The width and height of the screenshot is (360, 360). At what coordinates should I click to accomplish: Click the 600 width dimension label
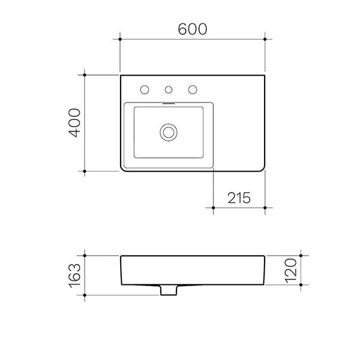point(193,29)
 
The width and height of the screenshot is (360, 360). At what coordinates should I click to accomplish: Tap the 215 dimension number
point(238,197)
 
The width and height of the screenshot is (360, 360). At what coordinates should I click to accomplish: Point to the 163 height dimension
point(74,275)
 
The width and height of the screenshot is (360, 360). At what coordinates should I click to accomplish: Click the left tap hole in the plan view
point(144,90)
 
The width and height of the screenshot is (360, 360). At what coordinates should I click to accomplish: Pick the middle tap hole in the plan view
point(169,91)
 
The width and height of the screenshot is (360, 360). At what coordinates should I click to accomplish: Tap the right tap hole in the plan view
point(193,90)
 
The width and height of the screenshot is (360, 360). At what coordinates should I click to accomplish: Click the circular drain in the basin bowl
point(169,131)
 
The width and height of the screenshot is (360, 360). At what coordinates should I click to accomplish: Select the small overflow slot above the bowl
point(169,103)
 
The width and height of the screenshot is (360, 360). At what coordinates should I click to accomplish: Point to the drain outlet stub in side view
point(169,290)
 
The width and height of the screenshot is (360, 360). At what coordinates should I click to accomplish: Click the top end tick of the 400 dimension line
point(85,75)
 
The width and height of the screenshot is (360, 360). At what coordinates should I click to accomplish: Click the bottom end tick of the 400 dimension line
point(85,172)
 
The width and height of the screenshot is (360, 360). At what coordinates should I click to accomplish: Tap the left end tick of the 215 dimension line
point(214,208)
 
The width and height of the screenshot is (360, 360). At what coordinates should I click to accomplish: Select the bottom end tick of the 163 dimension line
point(85,296)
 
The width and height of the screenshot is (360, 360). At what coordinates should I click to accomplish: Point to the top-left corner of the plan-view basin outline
point(121,76)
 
